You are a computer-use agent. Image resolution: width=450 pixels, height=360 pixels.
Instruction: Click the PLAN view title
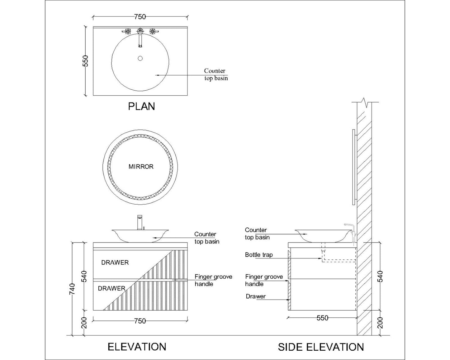click(x=141, y=107)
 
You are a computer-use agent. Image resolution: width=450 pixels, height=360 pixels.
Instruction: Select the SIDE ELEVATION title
click(x=321, y=347)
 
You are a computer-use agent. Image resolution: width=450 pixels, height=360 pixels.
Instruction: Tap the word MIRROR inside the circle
click(x=141, y=167)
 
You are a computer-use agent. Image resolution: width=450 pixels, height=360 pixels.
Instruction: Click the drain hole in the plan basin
click(x=140, y=58)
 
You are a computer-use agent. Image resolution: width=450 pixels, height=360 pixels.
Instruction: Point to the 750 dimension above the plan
click(x=140, y=17)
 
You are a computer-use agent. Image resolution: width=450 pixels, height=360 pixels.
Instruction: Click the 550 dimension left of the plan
click(x=86, y=61)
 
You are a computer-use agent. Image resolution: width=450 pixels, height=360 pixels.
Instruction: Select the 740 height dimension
click(x=72, y=289)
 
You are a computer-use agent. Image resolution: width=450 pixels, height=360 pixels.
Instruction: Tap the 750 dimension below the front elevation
click(x=140, y=321)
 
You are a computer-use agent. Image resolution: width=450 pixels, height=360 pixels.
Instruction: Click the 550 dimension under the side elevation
click(x=322, y=318)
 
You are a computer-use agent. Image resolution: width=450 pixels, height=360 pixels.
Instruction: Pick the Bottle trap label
click(x=259, y=255)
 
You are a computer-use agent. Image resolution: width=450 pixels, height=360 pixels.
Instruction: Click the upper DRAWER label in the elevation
click(x=115, y=263)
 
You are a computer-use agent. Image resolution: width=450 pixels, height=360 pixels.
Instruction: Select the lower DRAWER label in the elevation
click(x=111, y=288)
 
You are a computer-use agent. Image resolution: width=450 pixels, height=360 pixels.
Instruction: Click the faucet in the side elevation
click(x=351, y=232)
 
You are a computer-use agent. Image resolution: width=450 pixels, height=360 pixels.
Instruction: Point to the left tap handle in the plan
click(x=127, y=31)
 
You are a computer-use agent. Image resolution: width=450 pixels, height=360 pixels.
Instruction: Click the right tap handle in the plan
click(x=153, y=31)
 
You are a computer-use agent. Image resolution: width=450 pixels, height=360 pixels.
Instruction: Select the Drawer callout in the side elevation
click(x=256, y=296)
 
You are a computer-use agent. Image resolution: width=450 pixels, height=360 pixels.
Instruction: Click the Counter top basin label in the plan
click(x=216, y=75)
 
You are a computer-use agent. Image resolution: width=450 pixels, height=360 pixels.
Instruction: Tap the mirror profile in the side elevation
click(x=353, y=167)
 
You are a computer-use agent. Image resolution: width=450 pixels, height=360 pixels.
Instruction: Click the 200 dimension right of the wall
click(x=380, y=323)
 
